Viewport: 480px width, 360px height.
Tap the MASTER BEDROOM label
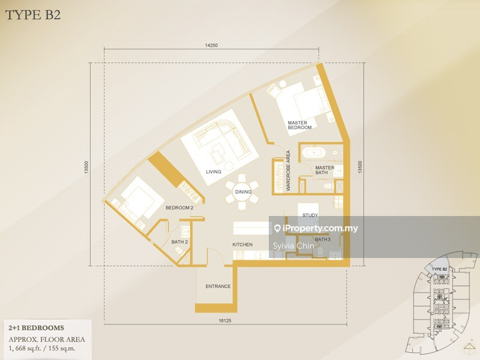(299, 125)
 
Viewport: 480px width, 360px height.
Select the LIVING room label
(213, 172)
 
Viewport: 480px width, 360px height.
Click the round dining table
(242, 192)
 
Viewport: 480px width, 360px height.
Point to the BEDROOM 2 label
(179, 208)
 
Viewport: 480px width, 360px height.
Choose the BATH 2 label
(179, 242)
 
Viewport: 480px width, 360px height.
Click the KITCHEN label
(242, 245)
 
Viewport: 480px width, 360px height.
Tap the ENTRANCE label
(218, 286)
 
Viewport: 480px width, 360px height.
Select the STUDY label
(310, 215)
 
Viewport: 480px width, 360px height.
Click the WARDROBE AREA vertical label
(289, 170)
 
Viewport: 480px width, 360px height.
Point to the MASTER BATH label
(325, 170)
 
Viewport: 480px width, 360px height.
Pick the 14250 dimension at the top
(211, 46)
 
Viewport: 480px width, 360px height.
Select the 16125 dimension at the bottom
(225, 322)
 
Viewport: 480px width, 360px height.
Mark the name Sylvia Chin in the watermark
(294, 245)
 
